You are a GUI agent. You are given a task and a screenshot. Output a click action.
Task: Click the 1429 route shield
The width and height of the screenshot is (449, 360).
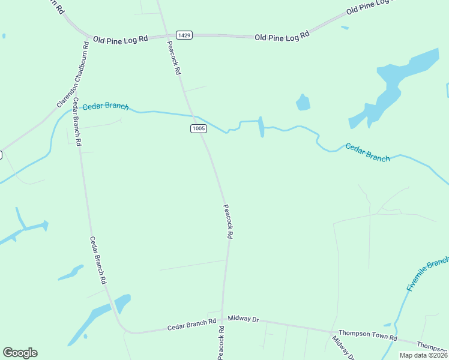(x=184, y=36)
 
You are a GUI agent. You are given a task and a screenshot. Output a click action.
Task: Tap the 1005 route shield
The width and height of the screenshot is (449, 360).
(x=199, y=128)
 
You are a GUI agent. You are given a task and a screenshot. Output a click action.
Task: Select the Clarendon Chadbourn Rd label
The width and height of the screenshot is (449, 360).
(x=73, y=75)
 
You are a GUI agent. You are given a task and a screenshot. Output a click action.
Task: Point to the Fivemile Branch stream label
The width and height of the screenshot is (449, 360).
(x=427, y=275)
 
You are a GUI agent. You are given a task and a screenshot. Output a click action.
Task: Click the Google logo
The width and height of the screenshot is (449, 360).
(x=20, y=353)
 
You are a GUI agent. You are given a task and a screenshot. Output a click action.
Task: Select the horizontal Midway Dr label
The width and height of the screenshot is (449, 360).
(x=243, y=320)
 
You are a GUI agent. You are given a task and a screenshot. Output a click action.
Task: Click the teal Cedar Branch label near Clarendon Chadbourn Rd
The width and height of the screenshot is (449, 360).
(x=105, y=106)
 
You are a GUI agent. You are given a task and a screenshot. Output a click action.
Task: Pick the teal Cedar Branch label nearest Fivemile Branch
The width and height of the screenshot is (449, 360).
(x=367, y=152)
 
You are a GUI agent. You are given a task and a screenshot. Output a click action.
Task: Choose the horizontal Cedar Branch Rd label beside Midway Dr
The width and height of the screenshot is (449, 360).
(x=191, y=325)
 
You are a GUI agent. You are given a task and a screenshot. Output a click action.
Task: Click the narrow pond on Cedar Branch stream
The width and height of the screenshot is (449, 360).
(x=261, y=127)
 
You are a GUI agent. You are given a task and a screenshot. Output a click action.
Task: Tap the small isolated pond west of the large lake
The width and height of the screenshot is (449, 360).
(x=303, y=103)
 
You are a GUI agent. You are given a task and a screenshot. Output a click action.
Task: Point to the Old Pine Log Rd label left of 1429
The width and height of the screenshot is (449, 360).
(x=120, y=40)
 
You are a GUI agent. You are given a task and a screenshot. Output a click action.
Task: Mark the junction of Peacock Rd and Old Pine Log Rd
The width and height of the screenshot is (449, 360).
(x=166, y=36)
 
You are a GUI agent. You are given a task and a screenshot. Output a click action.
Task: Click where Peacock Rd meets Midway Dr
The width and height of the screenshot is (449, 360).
(x=223, y=318)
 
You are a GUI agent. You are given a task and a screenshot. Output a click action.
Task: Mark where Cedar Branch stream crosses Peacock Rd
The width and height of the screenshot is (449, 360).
(x=194, y=115)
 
